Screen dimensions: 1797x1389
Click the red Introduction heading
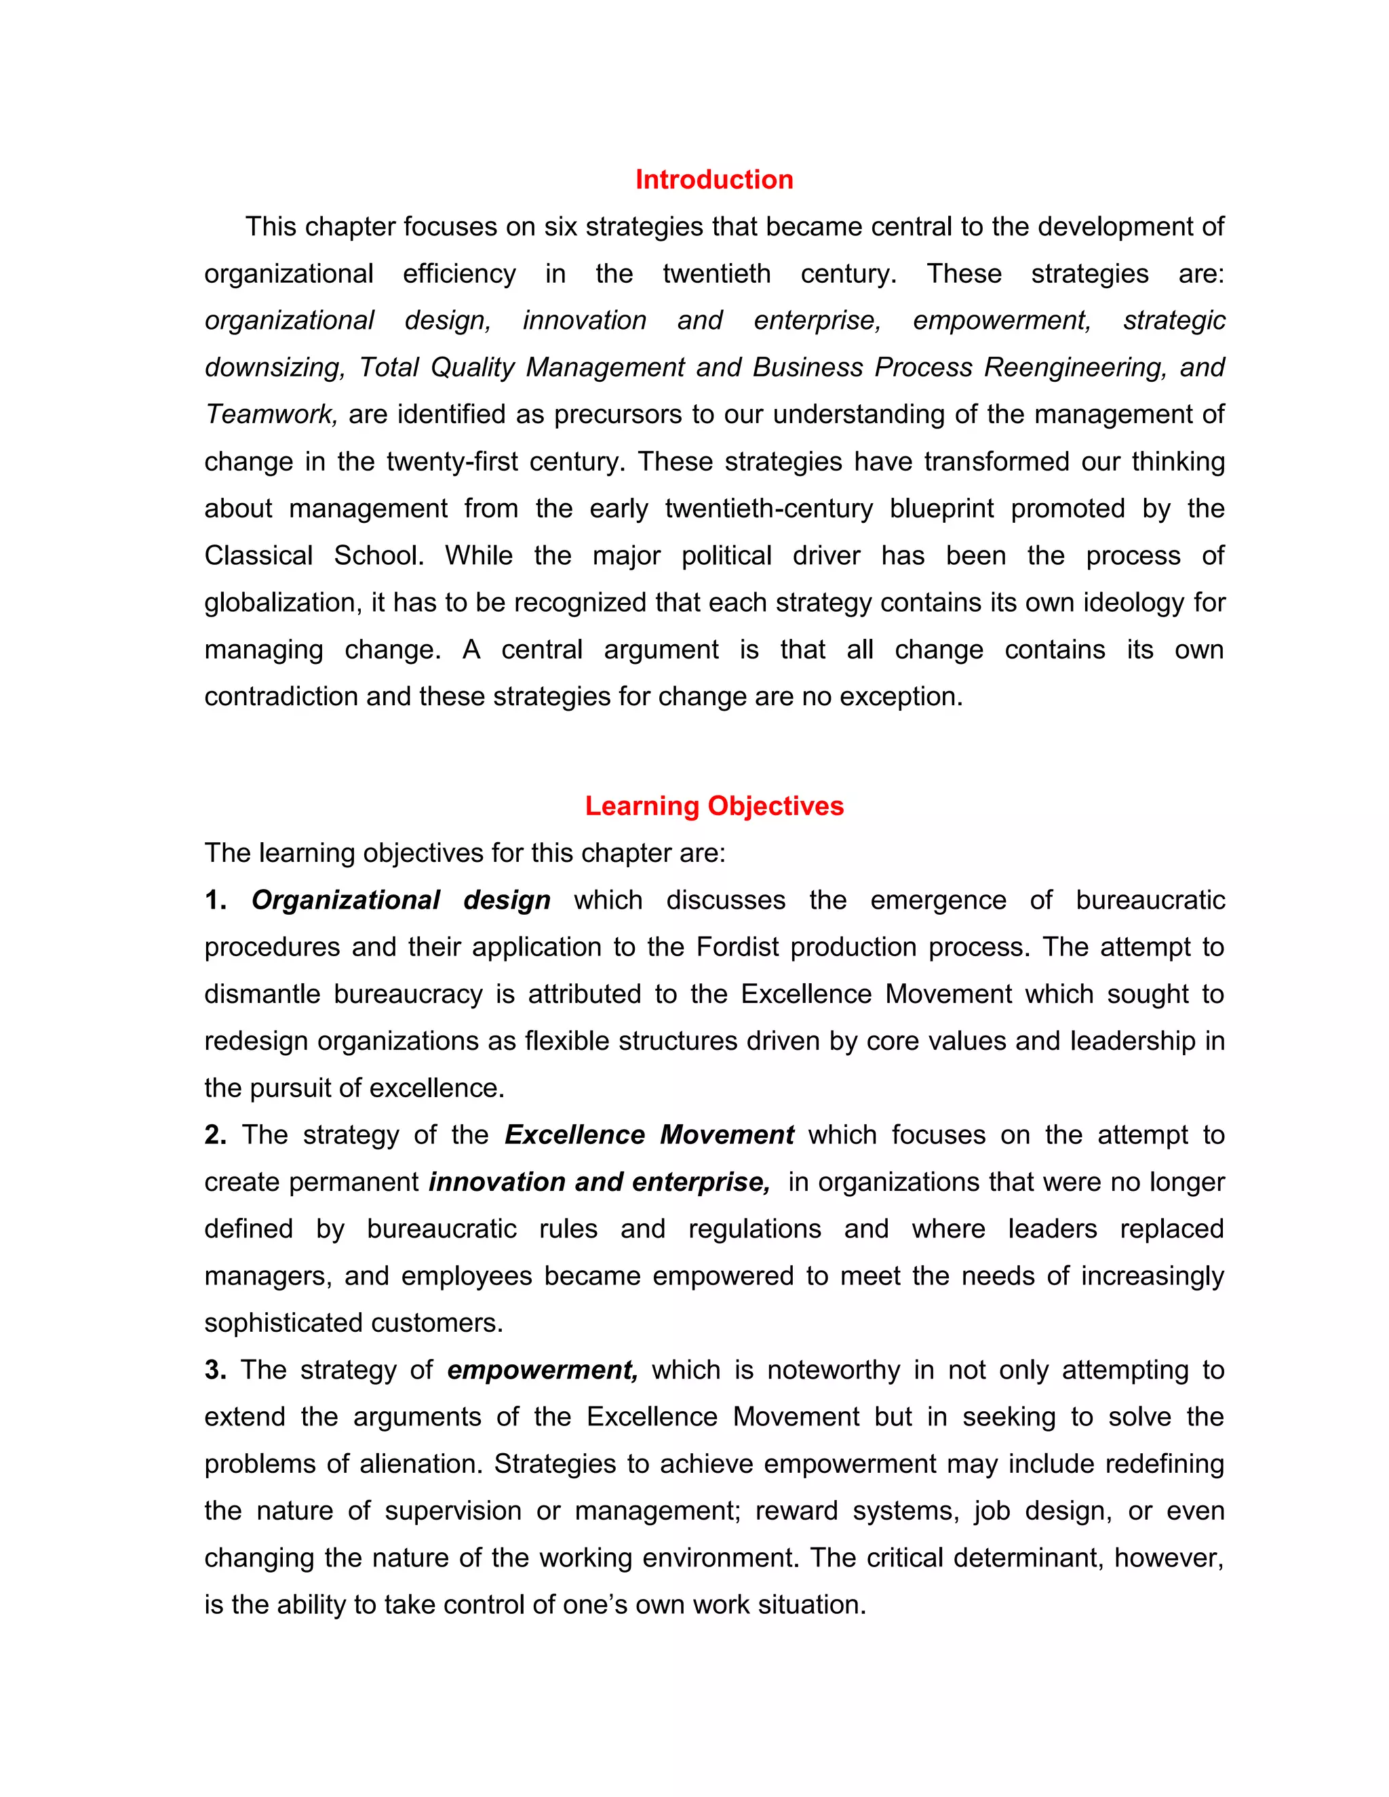[x=713, y=180]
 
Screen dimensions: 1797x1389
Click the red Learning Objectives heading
[x=713, y=806]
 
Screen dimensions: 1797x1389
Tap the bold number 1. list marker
[x=216, y=900]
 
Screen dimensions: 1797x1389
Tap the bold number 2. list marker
[x=216, y=1134]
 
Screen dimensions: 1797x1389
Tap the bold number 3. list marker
[x=216, y=1369]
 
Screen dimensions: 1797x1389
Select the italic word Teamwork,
[x=271, y=414]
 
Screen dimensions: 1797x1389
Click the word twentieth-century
[x=768, y=509]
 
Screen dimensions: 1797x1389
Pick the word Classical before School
[x=258, y=555]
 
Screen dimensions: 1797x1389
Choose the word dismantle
[x=262, y=994]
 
